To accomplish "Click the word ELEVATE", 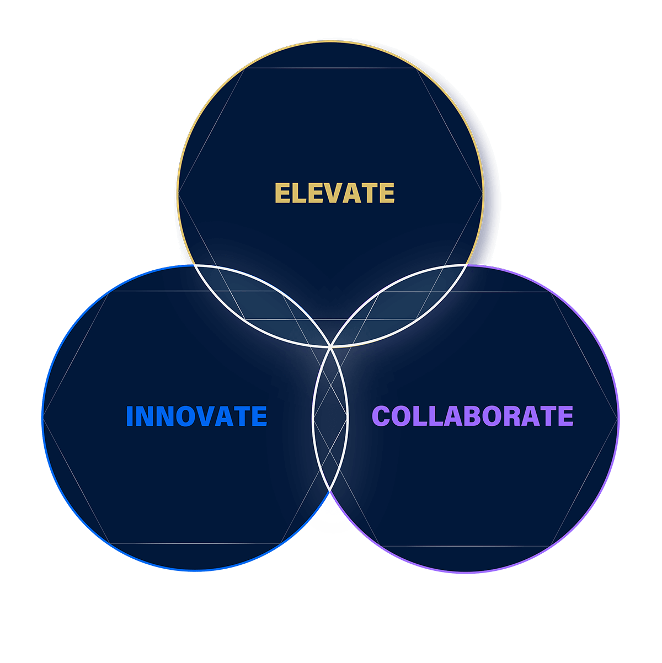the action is point(335,193).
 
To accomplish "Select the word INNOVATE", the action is point(196,416).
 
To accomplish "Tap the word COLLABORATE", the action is point(473,416).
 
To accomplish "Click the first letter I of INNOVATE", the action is point(130,416).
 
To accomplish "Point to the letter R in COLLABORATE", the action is point(512,416).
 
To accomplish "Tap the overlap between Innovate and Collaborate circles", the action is point(330,419).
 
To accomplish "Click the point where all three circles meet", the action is point(330,347).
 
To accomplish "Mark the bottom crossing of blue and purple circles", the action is point(330,491).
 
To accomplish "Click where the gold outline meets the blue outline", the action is point(194,265).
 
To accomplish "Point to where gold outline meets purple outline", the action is point(467,265).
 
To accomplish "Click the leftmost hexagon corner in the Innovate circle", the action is point(42,417).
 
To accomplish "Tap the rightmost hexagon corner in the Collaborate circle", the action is point(618,419).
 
